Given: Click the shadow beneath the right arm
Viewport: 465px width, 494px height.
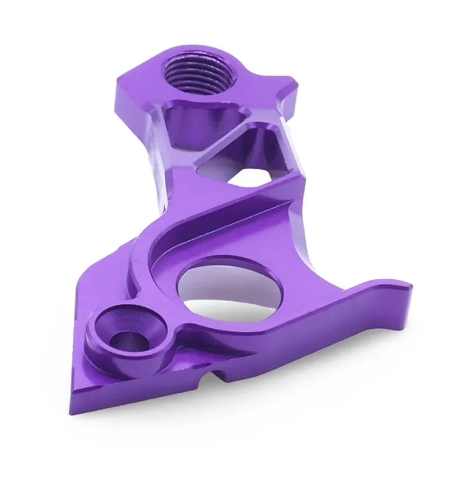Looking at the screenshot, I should [x=349, y=361].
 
